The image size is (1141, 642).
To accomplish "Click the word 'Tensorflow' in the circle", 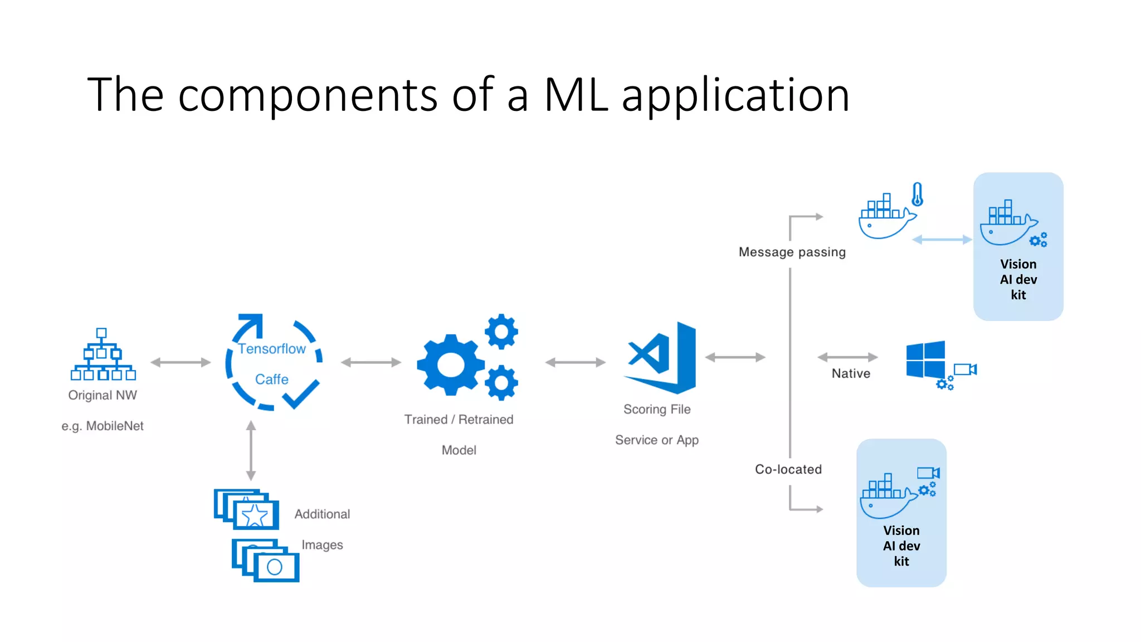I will click(x=272, y=349).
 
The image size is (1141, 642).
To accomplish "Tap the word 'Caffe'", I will click(x=272, y=380).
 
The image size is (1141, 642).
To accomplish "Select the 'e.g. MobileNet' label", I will click(x=103, y=426).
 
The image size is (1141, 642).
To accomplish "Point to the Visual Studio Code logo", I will click(x=661, y=357).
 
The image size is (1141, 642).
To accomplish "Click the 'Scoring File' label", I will click(x=657, y=410).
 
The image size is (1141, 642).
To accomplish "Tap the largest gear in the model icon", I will click(x=450, y=365).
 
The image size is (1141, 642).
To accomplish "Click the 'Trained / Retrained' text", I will click(x=459, y=420).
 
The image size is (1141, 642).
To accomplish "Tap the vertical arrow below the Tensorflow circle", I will click(x=251, y=451).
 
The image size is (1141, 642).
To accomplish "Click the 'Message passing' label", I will click(x=792, y=252).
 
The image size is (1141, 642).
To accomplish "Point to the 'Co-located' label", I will click(x=788, y=470).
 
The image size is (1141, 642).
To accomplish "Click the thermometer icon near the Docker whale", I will click(x=917, y=194).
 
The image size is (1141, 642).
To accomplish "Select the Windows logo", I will click(x=925, y=359).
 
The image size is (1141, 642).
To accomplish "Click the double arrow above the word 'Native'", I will click(x=847, y=357).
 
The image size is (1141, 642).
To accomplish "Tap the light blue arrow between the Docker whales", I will click(x=942, y=240).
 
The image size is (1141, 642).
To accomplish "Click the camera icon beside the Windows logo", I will click(x=965, y=369).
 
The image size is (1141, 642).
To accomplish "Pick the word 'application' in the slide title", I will click(x=735, y=96).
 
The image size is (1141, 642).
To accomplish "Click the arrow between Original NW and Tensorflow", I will click(x=181, y=363).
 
